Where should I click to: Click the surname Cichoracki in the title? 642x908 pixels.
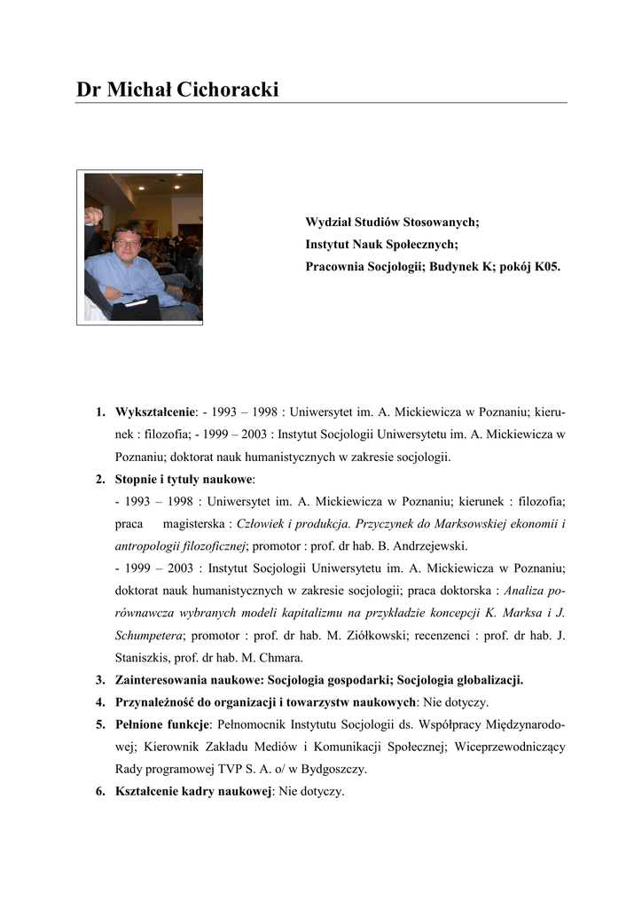224,90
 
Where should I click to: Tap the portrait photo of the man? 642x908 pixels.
143,247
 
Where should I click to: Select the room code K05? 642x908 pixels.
546,266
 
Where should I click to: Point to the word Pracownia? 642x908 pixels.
338,266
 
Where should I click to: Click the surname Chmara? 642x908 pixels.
281,658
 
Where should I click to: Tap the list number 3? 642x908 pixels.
101,681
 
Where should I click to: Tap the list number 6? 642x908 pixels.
101,792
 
